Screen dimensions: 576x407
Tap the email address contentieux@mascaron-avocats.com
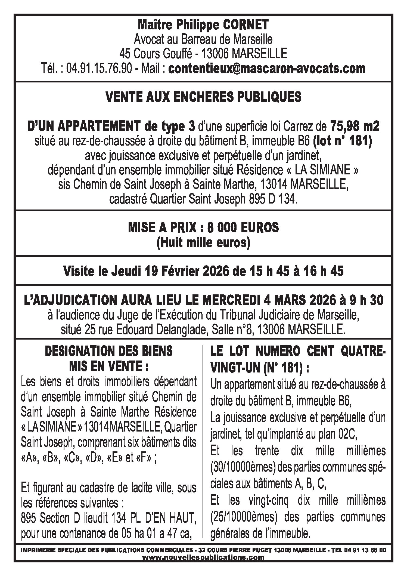pyautogui.click(x=267, y=68)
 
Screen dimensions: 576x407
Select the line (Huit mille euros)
pyautogui.click(x=203, y=242)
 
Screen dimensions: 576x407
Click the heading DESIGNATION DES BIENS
pyautogui.click(x=109, y=351)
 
